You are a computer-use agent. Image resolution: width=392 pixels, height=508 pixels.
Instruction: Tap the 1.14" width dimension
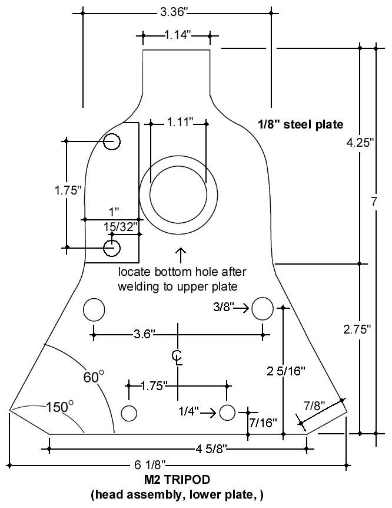(176, 35)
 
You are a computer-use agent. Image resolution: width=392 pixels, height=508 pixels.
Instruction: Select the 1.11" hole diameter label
(178, 123)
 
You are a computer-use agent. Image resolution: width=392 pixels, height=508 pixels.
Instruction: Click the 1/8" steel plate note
(300, 124)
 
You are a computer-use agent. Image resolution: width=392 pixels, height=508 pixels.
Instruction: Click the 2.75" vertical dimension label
(356, 329)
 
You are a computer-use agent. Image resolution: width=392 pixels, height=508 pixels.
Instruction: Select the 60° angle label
(93, 377)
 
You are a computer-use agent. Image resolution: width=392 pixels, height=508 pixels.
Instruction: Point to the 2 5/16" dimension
(284, 371)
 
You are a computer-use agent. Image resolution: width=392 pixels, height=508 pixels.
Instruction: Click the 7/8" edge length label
(314, 405)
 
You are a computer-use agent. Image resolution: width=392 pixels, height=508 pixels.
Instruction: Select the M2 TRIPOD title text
(177, 481)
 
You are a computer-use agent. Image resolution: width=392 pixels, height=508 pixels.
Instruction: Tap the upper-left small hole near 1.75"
(111, 141)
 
